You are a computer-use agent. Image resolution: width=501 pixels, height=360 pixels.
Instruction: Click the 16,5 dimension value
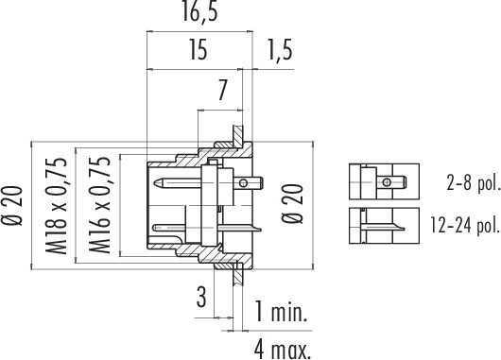200,12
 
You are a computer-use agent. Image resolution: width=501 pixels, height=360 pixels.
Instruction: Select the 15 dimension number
199,49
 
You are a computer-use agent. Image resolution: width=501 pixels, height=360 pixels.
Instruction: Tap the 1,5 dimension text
280,49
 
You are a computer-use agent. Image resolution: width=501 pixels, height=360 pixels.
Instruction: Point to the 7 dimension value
222,90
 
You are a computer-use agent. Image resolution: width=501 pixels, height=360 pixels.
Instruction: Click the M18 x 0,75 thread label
57,206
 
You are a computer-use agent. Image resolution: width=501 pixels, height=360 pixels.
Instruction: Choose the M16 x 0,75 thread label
99,205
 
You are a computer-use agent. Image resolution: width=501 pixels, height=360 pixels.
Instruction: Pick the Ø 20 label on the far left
13,206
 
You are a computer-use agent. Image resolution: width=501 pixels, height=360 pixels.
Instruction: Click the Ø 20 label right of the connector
292,203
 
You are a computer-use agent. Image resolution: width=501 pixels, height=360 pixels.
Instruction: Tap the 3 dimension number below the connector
201,297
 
